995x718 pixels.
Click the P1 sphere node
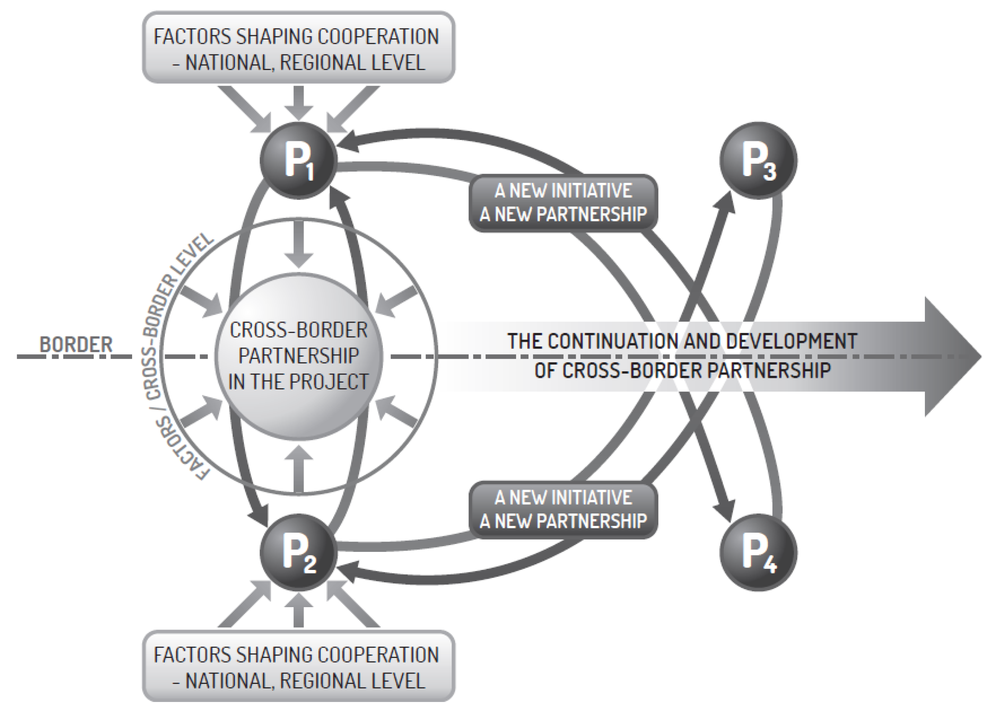tap(299, 160)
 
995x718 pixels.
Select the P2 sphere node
tap(299, 553)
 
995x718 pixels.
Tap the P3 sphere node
tap(758, 160)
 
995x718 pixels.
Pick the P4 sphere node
tap(758, 553)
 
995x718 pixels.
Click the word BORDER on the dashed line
tap(76, 345)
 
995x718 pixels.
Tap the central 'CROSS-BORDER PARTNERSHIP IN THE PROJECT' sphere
tap(299, 356)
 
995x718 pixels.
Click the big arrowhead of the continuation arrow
tap(952, 356)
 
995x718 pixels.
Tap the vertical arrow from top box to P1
tap(299, 103)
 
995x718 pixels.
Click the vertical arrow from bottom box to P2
tap(299, 610)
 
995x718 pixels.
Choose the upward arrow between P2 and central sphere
tap(299, 469)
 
